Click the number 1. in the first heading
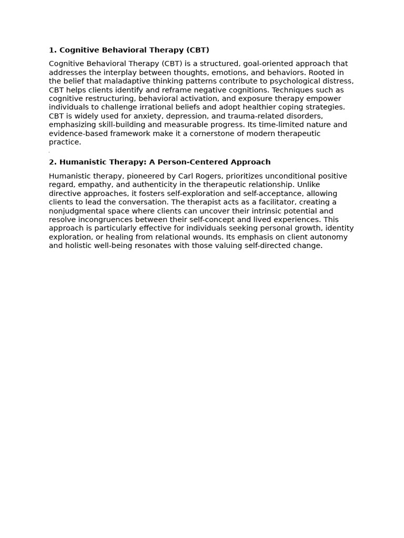(x=53, y=50)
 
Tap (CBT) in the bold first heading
(x=197, y=50)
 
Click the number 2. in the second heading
(x=53, y=162)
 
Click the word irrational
(x=165, y=107)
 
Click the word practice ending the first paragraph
(x=64, y=142)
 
